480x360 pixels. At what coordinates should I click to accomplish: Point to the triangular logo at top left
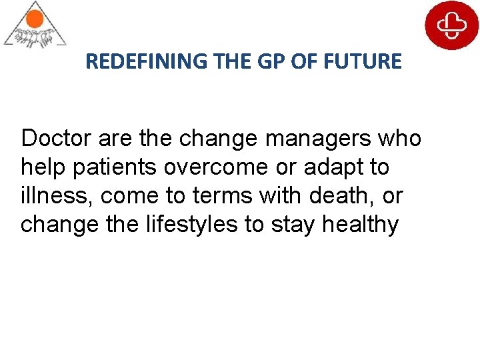35,25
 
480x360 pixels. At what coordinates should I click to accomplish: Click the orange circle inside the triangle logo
35,15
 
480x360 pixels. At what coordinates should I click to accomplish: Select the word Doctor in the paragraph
57,139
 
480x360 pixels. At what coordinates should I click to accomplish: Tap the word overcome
210,167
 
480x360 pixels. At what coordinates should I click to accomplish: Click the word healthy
360,225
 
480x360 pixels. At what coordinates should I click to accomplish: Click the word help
43,167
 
